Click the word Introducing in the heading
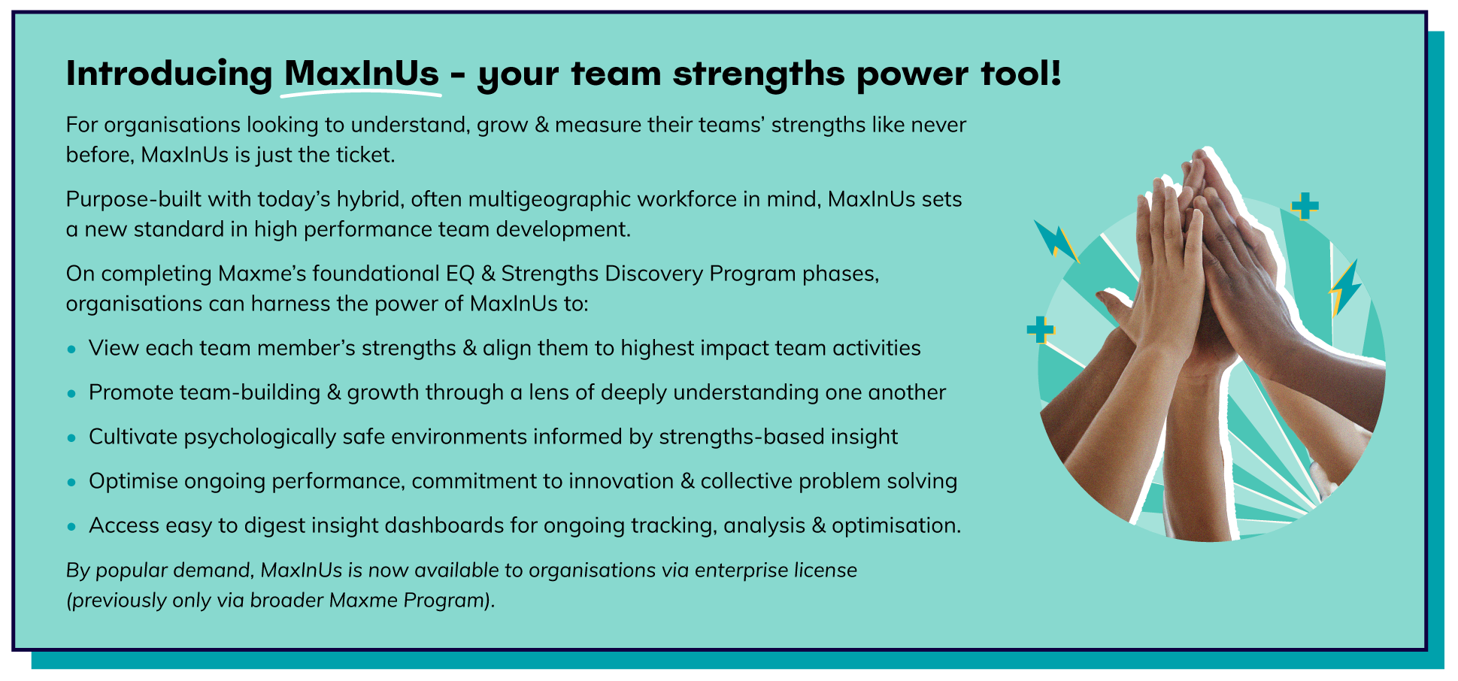point(169,74)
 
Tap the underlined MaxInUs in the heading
point(362,74)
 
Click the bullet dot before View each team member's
point(71,350)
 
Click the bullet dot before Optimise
point(71,483)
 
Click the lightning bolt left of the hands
point(1056,241)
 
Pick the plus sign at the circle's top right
point(1305,206)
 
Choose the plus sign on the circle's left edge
point(1040,329)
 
